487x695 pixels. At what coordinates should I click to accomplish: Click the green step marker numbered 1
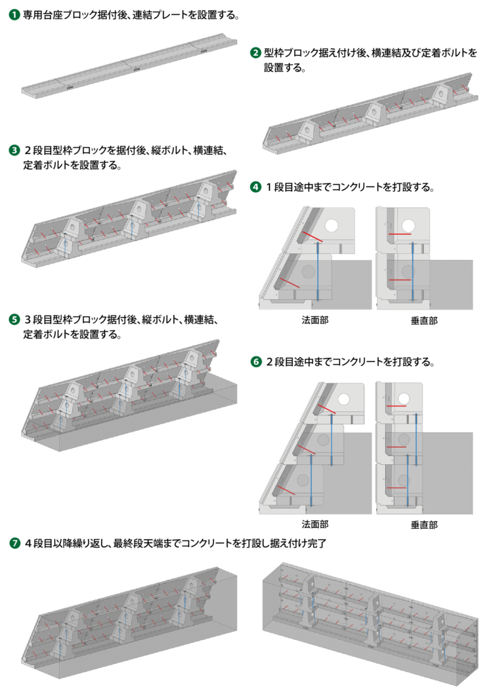coord(14,14)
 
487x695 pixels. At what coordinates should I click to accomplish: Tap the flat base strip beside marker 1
coord(129,67)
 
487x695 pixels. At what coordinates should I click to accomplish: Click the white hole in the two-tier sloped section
coord(331,225)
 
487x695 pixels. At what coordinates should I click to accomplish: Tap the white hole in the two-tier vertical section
coord(408,225)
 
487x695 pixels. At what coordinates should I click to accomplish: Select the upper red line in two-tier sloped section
coord(312,236)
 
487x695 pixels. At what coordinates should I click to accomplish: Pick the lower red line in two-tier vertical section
coord(399,279)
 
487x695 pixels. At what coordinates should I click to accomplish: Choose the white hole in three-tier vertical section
coord(404,399)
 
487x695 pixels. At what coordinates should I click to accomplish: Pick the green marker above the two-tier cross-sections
coord(256,187)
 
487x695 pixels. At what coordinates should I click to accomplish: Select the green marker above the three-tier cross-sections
coord(256,361)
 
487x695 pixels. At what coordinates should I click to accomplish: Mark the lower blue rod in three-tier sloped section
coord(311,481)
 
